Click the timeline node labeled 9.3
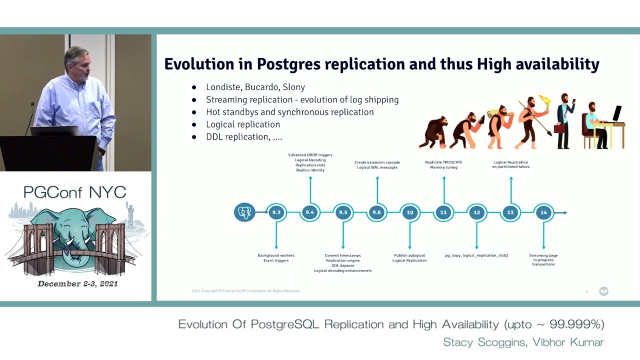[276, 212]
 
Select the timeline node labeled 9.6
[376, 212]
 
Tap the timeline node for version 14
[543, 212]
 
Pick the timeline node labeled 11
[443, 212]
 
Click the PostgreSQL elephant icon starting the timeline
[244, 212]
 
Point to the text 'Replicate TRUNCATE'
[443, 162]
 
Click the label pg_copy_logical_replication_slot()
[476, 255]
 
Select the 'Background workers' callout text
[276, 255]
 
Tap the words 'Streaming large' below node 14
[543, 255]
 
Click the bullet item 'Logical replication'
[243, 124]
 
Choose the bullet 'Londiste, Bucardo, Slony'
[255, 87]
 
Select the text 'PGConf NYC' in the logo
[74, 192]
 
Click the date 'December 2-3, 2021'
[77, 283]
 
